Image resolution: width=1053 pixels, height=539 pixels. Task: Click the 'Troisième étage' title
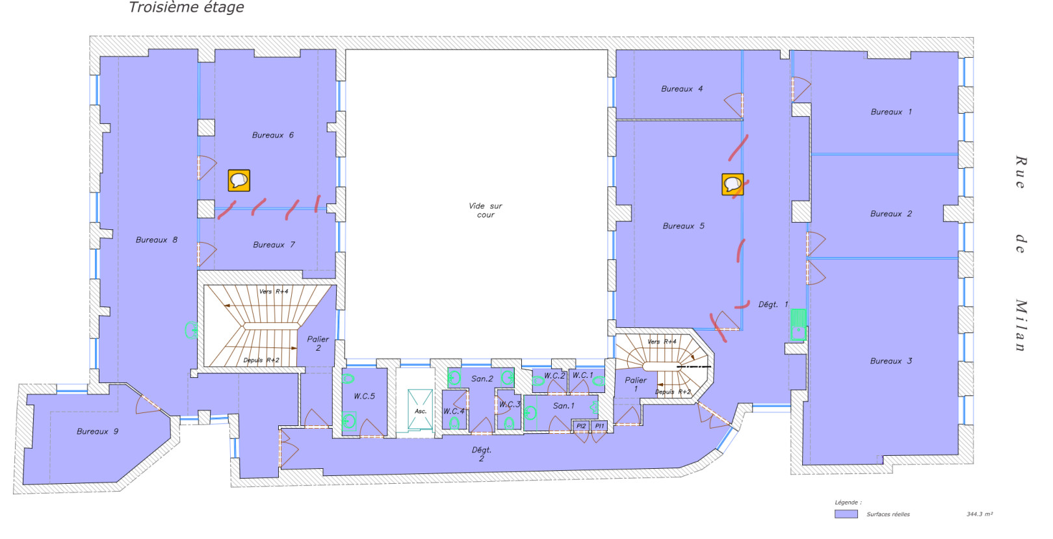[x=187, y=8]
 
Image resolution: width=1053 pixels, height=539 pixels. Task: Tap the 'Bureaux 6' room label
[x=272, y=135]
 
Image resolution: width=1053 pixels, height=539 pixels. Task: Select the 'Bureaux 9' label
[x=97, y=431]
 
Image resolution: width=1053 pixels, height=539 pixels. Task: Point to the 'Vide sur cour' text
[x=486, y=210]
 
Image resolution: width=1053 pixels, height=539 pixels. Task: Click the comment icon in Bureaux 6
[x=239, y=180]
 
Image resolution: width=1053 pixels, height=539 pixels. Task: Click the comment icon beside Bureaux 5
[x=733, y=184]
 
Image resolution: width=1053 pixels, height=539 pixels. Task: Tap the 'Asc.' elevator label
[x=421, y=411]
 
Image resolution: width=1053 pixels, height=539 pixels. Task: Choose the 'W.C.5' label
[x=364, y=396]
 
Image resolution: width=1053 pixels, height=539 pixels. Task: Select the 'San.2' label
[x=482, y=379]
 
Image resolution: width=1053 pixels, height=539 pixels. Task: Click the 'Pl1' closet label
[x=599, y=426]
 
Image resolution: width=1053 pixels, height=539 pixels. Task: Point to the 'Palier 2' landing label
[x=318, y=343]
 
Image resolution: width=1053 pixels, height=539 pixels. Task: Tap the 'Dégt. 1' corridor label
[x=773, y=304]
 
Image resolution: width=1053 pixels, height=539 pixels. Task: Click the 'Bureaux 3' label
[x=890, y=360]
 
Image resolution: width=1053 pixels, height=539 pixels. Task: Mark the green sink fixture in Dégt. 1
[x=798, y=324]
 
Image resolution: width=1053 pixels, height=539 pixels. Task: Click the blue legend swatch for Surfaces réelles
[x=846, y=514]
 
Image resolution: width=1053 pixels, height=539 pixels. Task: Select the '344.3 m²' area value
[x=979, y=514]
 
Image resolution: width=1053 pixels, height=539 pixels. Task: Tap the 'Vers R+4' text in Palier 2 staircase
[x=273, y=292]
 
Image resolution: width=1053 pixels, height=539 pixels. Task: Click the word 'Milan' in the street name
[x=1020, y=325]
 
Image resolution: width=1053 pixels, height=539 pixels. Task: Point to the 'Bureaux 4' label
[x=681, y=88]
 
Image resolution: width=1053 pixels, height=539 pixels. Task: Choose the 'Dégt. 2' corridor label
[x=482, y=454]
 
